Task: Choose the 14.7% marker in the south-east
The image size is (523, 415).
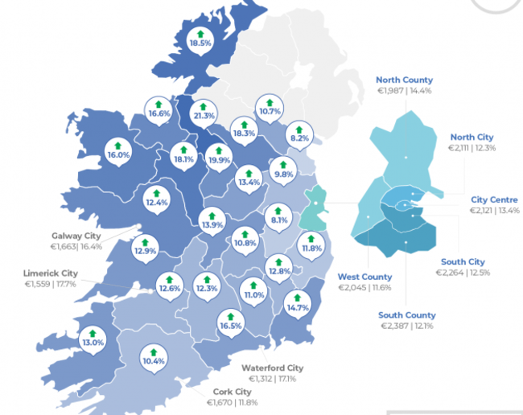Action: click(x=298, y=304)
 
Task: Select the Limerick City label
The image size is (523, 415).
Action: click(x=51, y=273)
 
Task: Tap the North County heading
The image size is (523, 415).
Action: click(x=405, y=80)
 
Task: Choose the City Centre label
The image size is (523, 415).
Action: click(x=494, y=199)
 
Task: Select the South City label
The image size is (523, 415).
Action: click(x=463, y=261)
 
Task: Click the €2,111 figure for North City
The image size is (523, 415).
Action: click(x=460, y=148)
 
